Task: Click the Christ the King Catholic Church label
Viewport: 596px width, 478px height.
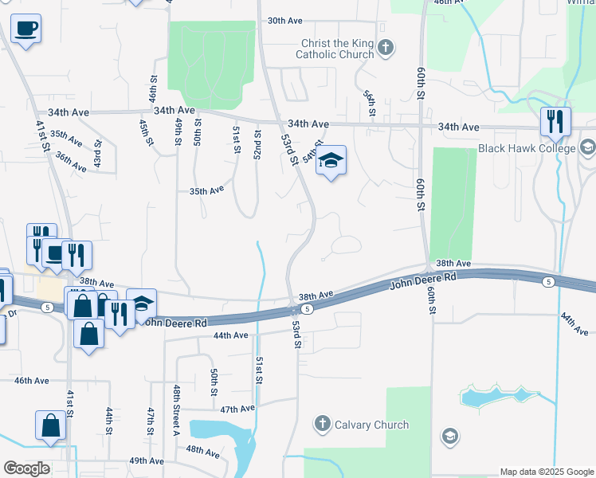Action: pyautogui.click(x=335, y=49)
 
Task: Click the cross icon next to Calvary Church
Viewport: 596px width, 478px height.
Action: pyautogui.click(x=322, y=423)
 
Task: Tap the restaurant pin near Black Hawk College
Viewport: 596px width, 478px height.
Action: pyautogui.click(x=555, y=122)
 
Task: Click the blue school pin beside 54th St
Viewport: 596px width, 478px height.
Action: pyautogui.click(x=331, y=162)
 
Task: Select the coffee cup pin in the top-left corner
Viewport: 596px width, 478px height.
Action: pyautogui.click(x=25, y=29)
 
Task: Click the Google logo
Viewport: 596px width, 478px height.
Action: pyautogui.click(x=26, y=468)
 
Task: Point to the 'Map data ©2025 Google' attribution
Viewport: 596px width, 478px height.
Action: pyautogui.click(x=546, y=472)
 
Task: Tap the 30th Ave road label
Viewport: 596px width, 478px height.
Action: pyautogui.click(x=285, y=21)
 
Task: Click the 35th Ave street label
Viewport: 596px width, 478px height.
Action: pyautogui.click(x=206, y=191)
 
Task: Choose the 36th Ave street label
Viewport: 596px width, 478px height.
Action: pyautogui.click(x=71, y=163)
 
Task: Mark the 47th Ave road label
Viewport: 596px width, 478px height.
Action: pyautogui.click(x=237, y=409)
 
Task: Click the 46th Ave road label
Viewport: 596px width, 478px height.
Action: pyautogui.click(x=31, y=382)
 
